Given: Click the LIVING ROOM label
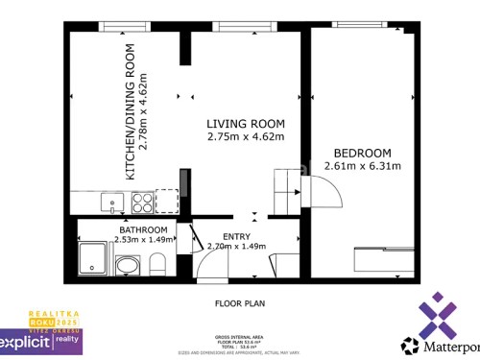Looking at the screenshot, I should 247,123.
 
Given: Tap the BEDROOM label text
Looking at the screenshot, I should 362,153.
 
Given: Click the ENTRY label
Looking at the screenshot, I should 236,236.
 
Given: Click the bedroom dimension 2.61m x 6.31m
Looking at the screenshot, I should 362,166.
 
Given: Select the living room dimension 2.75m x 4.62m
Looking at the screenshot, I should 247,136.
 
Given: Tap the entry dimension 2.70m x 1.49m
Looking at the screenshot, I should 235,246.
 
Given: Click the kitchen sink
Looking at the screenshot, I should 111,203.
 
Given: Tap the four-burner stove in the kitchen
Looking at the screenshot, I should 142,203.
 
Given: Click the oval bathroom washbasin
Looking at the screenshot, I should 126,266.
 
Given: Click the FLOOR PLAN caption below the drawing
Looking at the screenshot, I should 238,303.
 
